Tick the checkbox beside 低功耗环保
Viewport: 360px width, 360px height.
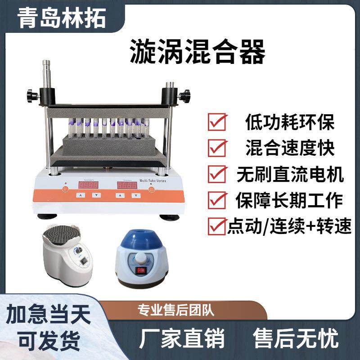tap(217, 122)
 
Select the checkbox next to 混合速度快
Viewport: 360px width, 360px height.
tap(217, 148)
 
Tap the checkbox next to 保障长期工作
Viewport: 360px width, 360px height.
tap(217, 199)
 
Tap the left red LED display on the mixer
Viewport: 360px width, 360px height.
tap(89, 185)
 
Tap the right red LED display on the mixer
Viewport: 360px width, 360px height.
tap(127, 185)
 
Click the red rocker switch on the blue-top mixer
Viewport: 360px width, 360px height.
tap(142, 270)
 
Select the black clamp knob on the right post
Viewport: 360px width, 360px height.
tap(184, 96)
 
